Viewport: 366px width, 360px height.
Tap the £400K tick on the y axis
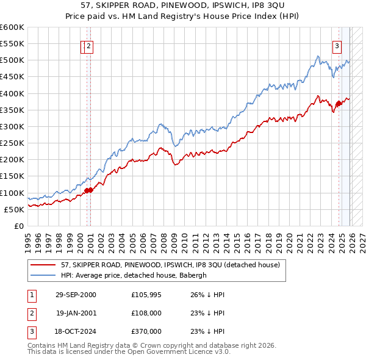12,93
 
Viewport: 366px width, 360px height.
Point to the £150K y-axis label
12,176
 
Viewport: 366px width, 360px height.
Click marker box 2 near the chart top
88,45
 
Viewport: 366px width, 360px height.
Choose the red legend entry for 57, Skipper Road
170,265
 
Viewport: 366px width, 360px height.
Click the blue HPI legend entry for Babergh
134,275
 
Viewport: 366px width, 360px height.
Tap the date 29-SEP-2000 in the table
76,295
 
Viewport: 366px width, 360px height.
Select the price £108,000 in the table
146,313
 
